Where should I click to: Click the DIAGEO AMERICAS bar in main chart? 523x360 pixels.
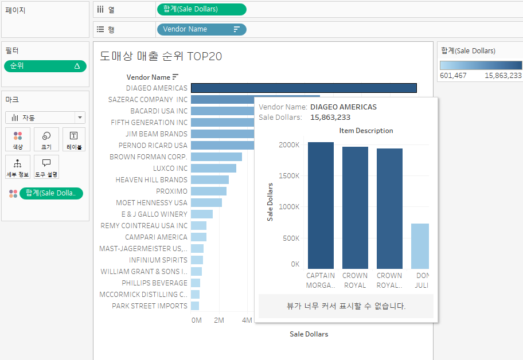(x=303, y=88)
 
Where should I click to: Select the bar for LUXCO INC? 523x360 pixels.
(x=213, y=169)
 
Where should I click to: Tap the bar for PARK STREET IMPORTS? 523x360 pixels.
(x=195, y=306)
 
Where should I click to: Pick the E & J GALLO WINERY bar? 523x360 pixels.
(x=202, y=214)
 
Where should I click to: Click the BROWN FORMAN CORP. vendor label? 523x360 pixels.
(x=149, y=157)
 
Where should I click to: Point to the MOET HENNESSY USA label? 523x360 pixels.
(x=151, y=203)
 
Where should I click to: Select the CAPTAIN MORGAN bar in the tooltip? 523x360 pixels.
(x=321, y=205)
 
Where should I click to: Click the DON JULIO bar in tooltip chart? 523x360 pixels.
(x=420, y=246)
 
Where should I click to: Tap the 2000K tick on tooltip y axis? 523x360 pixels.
(x=290, y=145)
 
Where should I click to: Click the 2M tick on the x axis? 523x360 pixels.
(x=219, y=320)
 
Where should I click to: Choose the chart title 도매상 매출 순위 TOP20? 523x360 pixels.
(x=161, y=56)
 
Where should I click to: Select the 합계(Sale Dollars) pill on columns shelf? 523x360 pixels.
(x=201, y=9)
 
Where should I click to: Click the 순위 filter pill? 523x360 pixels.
(x=45, y=66)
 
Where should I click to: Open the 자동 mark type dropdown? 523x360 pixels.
(x=45, y=118)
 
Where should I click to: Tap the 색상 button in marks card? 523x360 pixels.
(x=18, y=139)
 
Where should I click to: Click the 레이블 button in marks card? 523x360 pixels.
(x=73, y=139)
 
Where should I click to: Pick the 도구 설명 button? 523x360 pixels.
(x=46, y=167)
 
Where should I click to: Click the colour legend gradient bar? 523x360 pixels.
(x=481, y=65)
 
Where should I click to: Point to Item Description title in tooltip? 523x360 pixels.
(x=366, y=131)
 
